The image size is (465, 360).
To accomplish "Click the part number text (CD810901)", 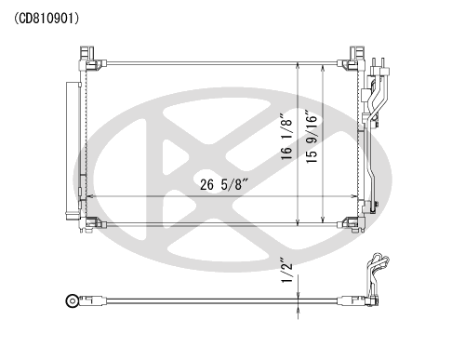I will tap(46, 18).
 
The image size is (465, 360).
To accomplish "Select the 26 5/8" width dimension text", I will tap(226, 183).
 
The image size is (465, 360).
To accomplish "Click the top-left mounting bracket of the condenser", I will tap(93, 57).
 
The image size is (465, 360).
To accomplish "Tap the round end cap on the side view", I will tap(72, 300).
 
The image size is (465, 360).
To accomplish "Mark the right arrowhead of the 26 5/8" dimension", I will tap(355, 195).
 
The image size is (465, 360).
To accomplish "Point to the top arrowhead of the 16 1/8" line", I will tap(297, 65).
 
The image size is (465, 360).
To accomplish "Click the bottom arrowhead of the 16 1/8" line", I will tap(297, 224).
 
